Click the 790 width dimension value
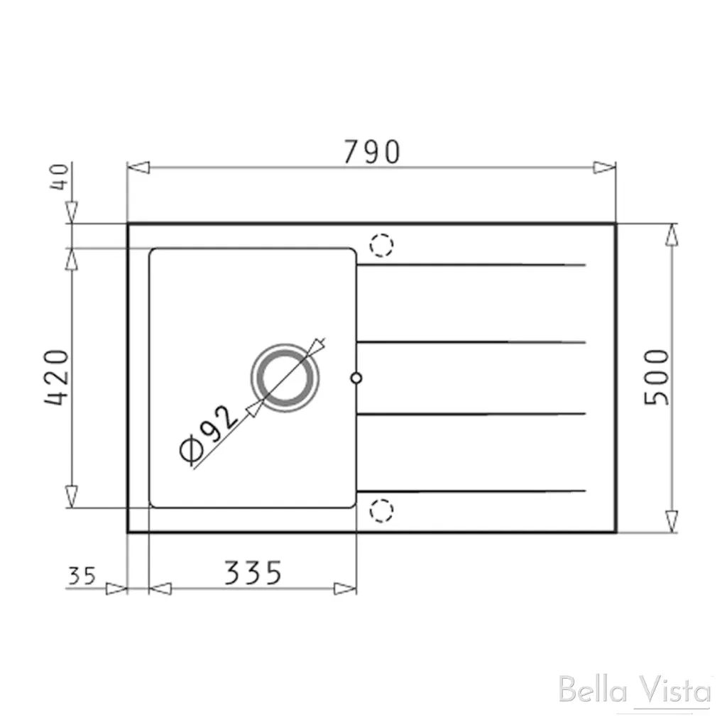pyautogui.click(x=372, y=151)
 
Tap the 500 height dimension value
pyautogui.click(x=657, y=377)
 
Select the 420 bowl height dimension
pyautogui.click(x=57, y=377)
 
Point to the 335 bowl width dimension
pyautogui.click(x=253, y=573)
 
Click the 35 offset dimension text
pyautogui.click(x=82, y=575)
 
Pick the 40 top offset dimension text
pyautogui.click(x=60, y=175)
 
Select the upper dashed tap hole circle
pyautogui.click(x=381, y=245)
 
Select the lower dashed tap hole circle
pyautogui.click(x=381, y=509)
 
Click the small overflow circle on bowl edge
pyautogui.click(x=356, y=378)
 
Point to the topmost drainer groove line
pyautogui.click(x=471, y=266)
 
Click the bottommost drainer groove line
pyautogui.click(x=471, y=491)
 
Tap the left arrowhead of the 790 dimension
pyautogui.click(x=138, y=168)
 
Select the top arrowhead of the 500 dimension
pyautogui.click(x=672, y=235)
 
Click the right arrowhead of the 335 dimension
pyautogui.click(x=346, y=589)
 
